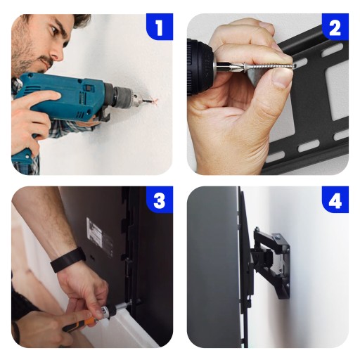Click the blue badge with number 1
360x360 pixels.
pyautogui.click(x=160, y=27)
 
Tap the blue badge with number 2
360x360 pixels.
pyautogui.click(x=335, y=27)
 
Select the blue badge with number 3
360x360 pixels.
pyautogui.click(x=160, y=200)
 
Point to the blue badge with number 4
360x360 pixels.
pyautogui.click(x=335, y=200)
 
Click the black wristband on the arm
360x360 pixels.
pyautogui.click(x=67, y=259)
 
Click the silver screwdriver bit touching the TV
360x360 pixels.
pyautogui.click(x=124, y=305)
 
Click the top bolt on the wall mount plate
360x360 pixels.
pyautogui.click(x=278, y=237)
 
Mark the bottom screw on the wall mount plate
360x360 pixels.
pyautogui.click(x=288, y=286)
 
